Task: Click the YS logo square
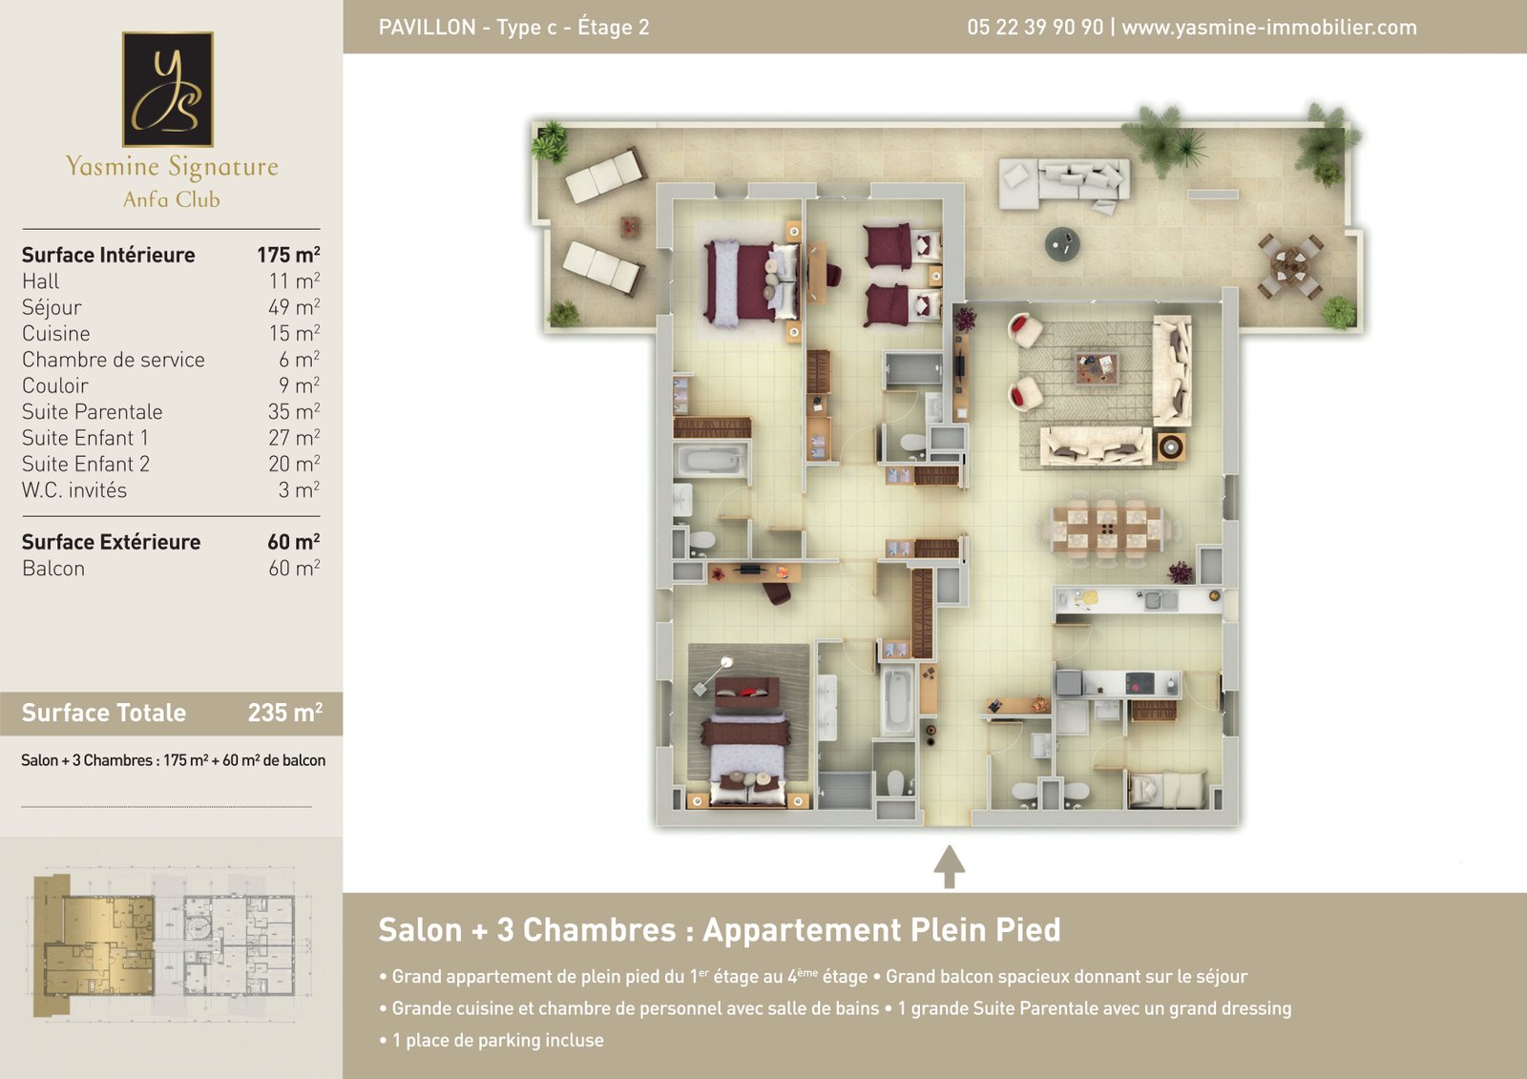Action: pos(168,90)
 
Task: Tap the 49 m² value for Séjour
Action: pos(294,307)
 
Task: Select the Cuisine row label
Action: pos(56,333)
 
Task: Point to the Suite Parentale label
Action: pos(92,412)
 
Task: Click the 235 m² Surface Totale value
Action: pos(285,713)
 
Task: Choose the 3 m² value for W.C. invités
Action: pos(299,490)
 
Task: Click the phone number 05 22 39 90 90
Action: pos(1035,28)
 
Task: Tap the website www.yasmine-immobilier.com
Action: pos(1269,28)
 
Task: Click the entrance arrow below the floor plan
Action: pos(949,867)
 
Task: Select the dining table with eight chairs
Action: pos(1106,529)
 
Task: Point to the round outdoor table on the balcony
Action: pos(1062,244)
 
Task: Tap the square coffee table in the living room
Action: pos(1097,369)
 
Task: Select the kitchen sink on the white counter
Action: pos(1161,600)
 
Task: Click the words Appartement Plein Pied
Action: pos(882,930)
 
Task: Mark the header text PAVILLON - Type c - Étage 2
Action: pos(514,28)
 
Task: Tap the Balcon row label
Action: pos(53,569)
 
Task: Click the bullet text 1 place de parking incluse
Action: pos(497,1040)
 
